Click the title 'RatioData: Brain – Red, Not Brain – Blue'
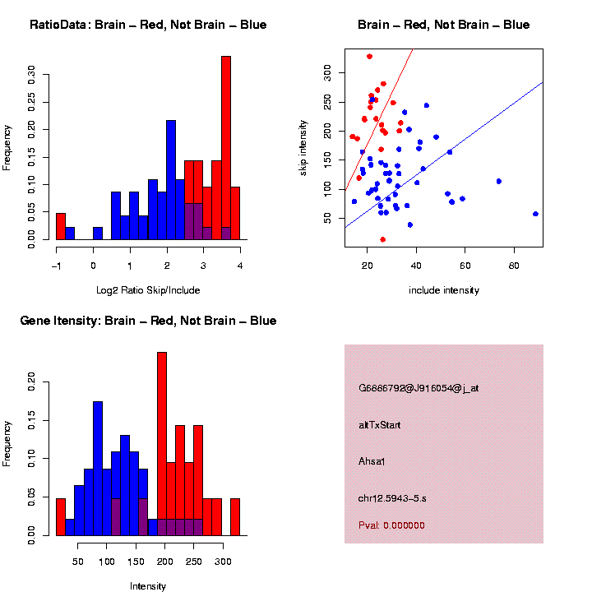[148, 25]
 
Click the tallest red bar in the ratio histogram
[226, 148]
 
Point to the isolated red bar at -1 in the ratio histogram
[60, 225]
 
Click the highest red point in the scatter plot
[370, 57]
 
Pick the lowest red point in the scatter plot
[383, 239]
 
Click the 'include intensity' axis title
[444, 289]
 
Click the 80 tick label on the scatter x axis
[514, 266]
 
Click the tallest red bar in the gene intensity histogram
[162, 443]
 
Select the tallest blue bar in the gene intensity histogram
[98, 468]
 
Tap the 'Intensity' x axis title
[148, 586]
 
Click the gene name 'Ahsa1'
[372, 460]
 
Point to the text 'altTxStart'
[380, 424]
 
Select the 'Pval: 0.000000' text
[391, 525]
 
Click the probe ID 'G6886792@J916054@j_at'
[419, 388]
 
